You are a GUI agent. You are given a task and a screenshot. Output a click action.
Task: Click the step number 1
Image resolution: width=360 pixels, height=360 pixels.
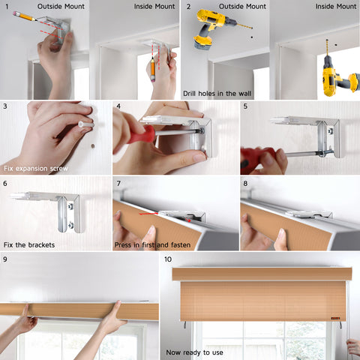7,7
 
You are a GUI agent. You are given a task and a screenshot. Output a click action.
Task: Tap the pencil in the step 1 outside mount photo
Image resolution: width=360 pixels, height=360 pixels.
25,16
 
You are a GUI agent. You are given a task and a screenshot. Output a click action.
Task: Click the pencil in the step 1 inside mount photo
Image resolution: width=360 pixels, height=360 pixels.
153,69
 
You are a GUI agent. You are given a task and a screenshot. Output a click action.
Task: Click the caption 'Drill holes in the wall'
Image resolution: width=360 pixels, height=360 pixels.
217,94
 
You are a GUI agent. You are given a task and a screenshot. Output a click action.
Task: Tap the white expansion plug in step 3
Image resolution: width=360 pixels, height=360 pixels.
86,124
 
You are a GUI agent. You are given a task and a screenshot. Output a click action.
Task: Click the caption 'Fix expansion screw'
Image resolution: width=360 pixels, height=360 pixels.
36,169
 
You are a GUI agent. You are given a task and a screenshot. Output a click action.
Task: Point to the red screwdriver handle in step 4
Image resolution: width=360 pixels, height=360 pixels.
140,134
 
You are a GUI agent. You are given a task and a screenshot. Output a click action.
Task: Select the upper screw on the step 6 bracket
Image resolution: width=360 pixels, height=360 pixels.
70,206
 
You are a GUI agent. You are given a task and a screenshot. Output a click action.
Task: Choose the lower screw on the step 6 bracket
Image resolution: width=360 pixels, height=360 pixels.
70,225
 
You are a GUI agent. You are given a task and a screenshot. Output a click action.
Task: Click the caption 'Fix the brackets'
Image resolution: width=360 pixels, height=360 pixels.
29,244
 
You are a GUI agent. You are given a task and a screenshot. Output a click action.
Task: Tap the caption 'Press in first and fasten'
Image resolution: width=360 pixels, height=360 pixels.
152,245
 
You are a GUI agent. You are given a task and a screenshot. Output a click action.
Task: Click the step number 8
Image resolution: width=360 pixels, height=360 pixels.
245,184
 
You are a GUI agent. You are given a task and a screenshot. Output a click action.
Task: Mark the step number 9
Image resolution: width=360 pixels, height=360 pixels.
5,259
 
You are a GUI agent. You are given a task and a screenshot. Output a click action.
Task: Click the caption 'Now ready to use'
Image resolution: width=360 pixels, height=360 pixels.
194,352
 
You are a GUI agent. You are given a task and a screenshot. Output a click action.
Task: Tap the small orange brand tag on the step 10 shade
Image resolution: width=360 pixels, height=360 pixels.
335,318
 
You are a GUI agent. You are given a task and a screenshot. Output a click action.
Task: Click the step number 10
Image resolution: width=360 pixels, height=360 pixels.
168,259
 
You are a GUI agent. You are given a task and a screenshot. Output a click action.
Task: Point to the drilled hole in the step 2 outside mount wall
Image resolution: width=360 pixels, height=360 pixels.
252,37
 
